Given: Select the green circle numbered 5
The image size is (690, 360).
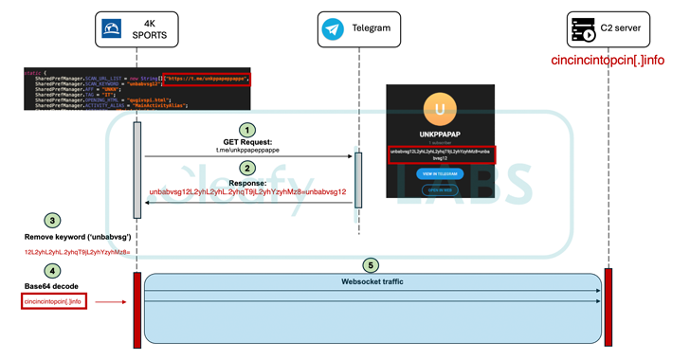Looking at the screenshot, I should tap(372, 265).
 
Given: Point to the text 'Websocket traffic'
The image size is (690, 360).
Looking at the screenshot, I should tap(372, 281).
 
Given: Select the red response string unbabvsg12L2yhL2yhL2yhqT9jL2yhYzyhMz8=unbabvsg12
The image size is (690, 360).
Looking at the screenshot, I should tap(247, 191).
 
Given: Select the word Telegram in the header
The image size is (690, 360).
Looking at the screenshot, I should tap(372, 28).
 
